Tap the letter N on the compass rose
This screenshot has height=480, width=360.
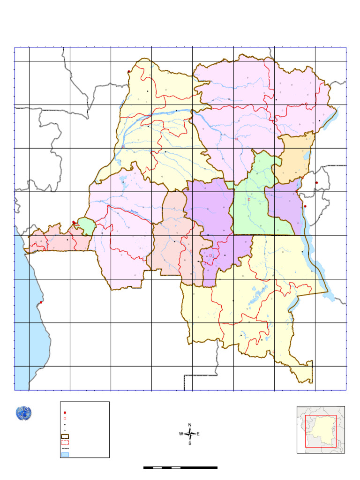(x=190, y=425)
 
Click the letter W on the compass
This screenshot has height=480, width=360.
(x=181, y=434)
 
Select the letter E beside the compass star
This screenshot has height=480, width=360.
(x=198, y=434)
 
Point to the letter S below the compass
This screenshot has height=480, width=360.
(x=190, y=443)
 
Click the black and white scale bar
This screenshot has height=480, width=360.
(x=180, y=467)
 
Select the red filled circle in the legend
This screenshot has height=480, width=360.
(x=65, y=412)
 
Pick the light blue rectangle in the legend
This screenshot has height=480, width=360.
(x=65, y=454)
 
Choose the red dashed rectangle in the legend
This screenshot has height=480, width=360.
(x=65, y=442)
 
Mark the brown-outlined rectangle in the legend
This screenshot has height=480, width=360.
(x=65, y=436)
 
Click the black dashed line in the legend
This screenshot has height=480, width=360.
(x=65, y=448)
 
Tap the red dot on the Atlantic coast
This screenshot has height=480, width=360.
(x=41, y=302)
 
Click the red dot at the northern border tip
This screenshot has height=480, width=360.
(x=129, y=71)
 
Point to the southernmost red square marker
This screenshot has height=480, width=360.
(x=273, y=352)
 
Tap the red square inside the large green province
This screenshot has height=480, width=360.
(x=249, y=200)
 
